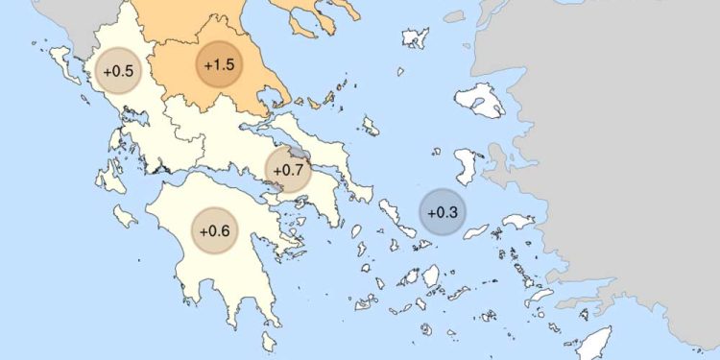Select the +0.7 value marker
288,170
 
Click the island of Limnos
415,38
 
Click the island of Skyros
369,125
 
